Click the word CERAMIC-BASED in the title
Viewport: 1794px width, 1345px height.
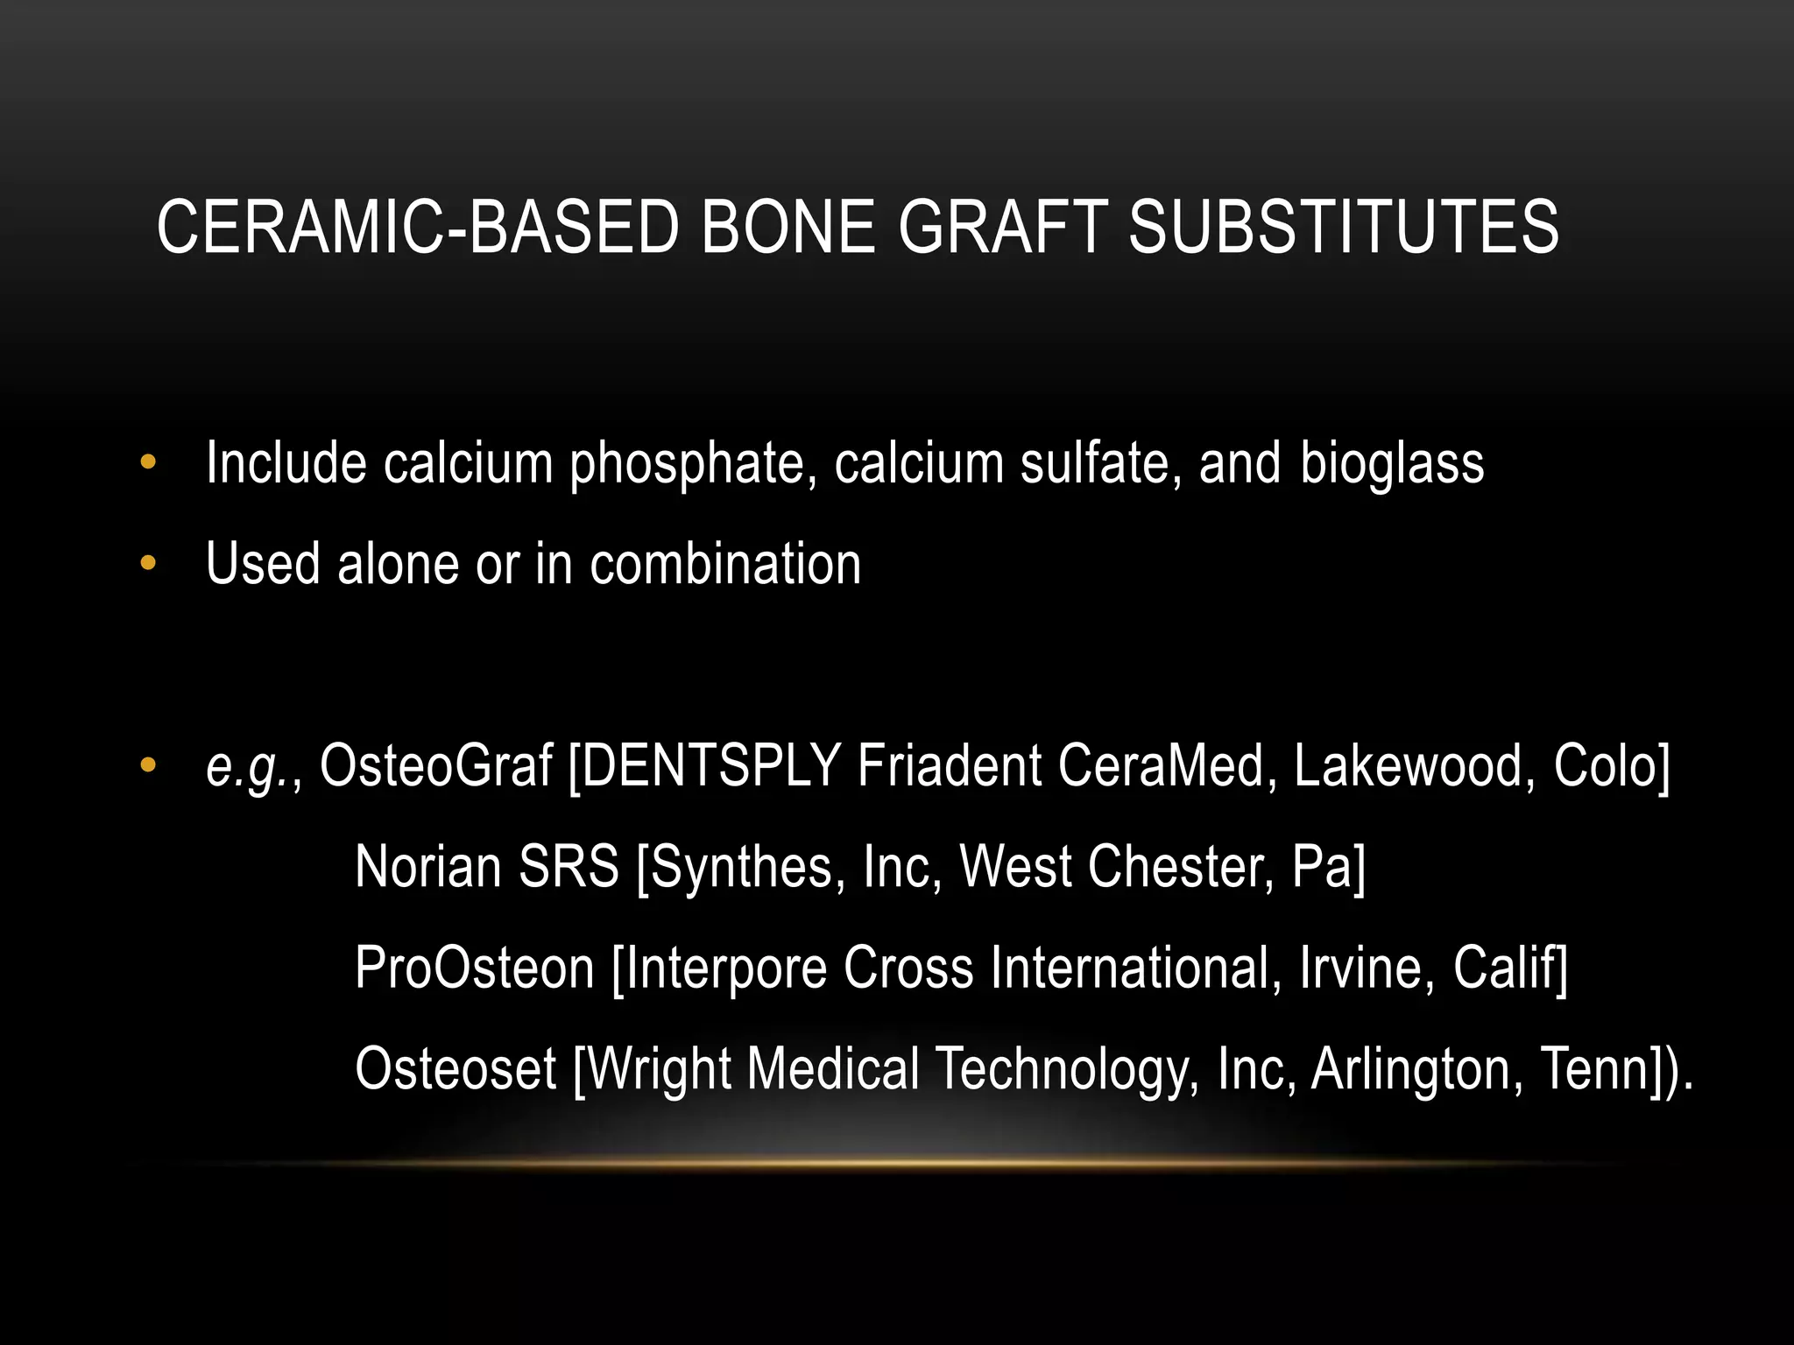point(417,227)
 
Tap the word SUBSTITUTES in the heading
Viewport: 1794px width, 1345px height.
point(1343,227)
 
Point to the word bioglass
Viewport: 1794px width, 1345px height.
point(1391,464)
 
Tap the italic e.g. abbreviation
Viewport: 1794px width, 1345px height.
point(248,767)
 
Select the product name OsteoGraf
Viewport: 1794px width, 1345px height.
point(435,765)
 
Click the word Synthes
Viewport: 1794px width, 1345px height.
point(741,867)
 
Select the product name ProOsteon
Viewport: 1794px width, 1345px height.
point(474,968)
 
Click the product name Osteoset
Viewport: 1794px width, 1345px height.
point(456,1068)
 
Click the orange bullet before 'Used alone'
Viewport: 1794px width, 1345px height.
point(148,563)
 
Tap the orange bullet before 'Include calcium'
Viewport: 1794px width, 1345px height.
point(148,462)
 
